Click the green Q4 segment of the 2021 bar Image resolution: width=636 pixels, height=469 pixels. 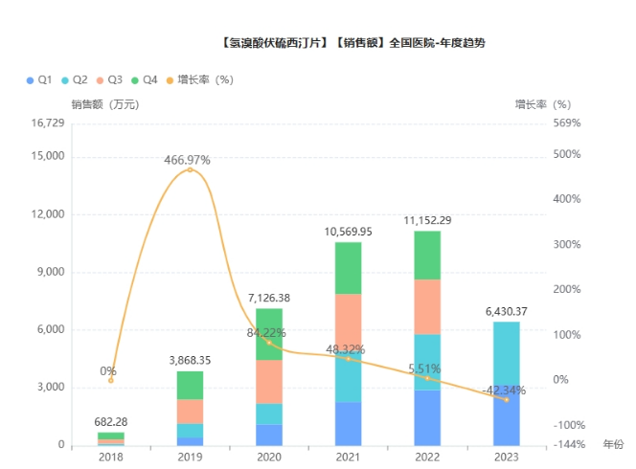coord(348,268)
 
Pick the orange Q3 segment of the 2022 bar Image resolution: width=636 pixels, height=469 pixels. coord(427,306)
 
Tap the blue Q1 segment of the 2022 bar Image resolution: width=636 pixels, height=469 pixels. coord(427,417)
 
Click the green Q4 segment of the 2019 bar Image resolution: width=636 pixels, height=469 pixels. coord(190,385)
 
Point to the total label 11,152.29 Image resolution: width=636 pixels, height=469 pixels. coord(427,220)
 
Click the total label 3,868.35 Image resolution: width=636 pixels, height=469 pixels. coord(190,360)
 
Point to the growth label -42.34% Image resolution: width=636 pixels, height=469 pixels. coord(506,390)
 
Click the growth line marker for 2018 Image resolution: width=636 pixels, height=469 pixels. coord(110,380)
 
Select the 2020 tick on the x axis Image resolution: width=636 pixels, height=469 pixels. coord(269,457)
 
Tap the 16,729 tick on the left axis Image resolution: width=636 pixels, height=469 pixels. coord(47,123)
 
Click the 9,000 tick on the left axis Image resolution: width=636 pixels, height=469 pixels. coord(49,272)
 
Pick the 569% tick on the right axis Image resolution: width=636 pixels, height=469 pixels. coord(568,123)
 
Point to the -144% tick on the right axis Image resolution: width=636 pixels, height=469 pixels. coord(569,445)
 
